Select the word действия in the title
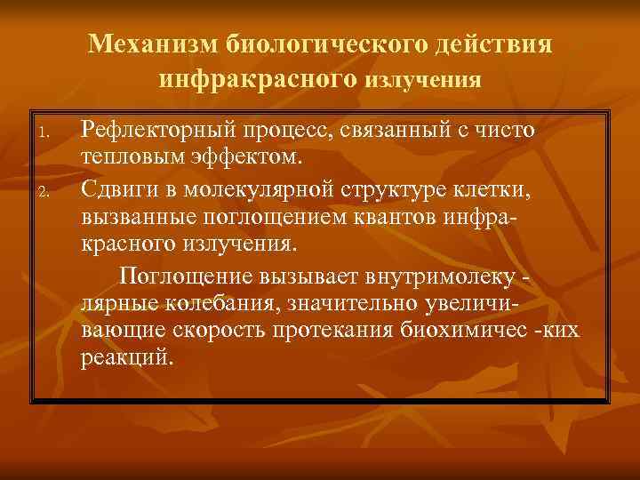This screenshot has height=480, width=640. (x=501, y=44)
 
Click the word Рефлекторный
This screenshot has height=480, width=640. (x=156, y=131)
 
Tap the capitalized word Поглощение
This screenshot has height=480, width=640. (x=187, y=273)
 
